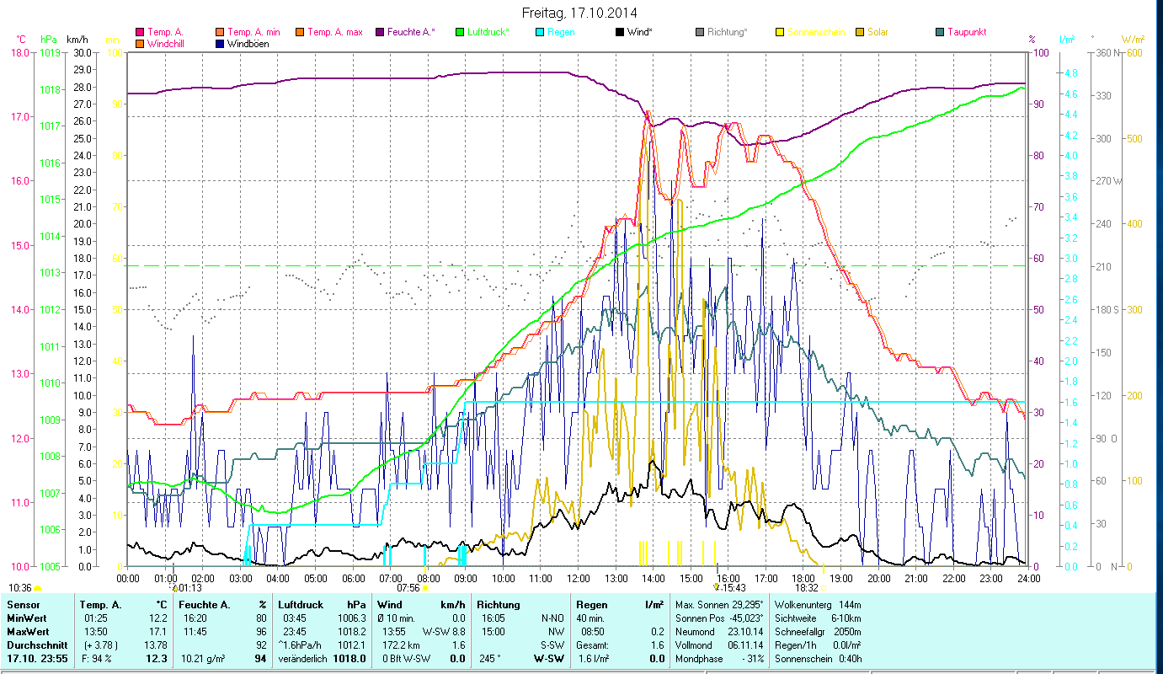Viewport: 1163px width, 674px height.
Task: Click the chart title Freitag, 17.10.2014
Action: [579, 13]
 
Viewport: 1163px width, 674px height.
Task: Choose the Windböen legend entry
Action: [248, 43]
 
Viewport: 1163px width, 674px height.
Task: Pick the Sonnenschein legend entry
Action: [816, 32]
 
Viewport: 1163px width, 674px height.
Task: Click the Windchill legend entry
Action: [168, 43]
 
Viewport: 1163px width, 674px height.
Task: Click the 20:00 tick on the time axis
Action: [879, 578]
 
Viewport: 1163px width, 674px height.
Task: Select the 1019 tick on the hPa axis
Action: [50, 52]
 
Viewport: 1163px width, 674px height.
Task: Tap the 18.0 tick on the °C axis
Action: [19, 52]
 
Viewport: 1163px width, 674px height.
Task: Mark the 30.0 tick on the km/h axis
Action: [82, 52]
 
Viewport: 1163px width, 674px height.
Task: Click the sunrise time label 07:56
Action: [408, 588]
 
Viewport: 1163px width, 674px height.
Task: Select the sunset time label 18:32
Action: [806, 588]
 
